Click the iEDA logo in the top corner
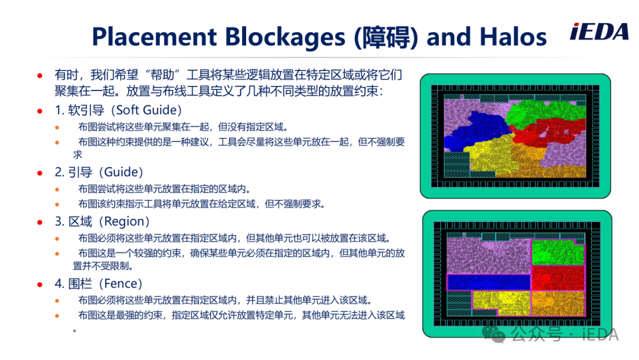coord(599,32)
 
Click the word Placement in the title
coord(154,37)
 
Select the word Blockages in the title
coord(285,37)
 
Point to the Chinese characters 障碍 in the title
coord(386,37)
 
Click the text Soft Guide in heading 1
coord(146,110)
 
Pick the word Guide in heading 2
coord(121,172)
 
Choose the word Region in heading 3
coord(124,221)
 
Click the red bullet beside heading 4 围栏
coord(40,285)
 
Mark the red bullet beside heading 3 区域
coord(40,222)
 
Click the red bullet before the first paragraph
coord(40,75)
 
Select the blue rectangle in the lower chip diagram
coord(489,282)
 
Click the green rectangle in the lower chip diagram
coord(558,252)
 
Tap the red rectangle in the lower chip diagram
coord(558,278)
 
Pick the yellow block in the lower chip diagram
coord(501,303)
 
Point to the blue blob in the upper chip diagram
coord(477,130)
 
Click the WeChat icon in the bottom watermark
coord(493,335)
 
